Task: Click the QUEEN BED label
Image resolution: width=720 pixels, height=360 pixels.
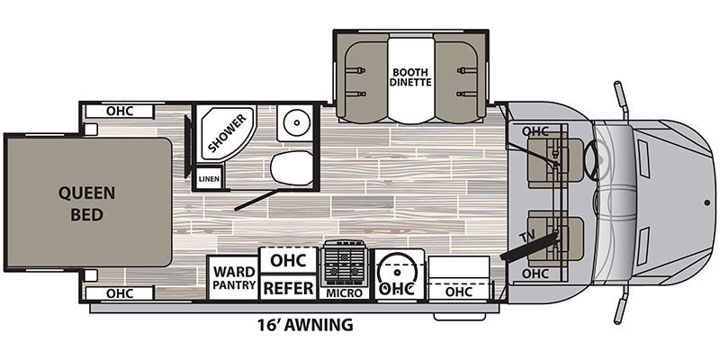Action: pos(86,204)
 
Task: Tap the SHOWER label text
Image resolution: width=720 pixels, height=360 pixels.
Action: pos(228,133)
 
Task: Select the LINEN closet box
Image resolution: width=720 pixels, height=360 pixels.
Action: pos(209,178)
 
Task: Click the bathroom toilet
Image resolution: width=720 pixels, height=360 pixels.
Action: pos(292,168)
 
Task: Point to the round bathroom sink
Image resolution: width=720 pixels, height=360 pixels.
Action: pos(296,122)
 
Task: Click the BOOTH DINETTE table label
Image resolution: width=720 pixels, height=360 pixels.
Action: pos(411,77)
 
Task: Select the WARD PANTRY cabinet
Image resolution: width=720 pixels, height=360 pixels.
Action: pos(234,278)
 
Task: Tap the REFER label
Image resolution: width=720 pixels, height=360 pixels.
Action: pos(289,288)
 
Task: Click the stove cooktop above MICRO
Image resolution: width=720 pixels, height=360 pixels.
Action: pos(345,264)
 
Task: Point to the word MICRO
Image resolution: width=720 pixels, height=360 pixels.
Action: pos(345,293)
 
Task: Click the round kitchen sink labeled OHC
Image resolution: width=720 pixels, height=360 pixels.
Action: pos(398,274)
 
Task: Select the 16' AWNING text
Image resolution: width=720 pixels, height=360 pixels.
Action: pos(305,325)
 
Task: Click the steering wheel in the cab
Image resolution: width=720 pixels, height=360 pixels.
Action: pos(590,161)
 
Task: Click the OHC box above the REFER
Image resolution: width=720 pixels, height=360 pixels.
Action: pos(288,260)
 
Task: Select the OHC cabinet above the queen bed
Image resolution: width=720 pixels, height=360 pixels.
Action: pos(120,111)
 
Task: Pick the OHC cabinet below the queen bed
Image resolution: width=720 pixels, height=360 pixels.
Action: pos(120,293)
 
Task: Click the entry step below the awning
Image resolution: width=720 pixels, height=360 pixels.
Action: pos(460,317)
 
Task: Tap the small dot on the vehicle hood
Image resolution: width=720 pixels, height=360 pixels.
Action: pos(707,202)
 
